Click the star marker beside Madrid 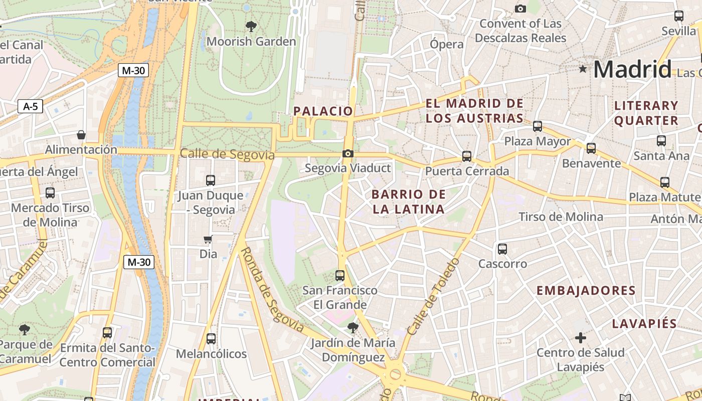pyautogui.click(x=583, y=69)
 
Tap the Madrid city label pyautogui.click(x=632, y=69)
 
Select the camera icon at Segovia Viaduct pyautogui.click(x=347, y=153)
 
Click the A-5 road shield pyautogui.click(x=30, y=106)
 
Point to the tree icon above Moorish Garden pyautogui.click(x=251, y=27)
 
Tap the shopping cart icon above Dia pyautogui.click(x=208, y=239)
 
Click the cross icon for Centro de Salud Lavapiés pyautogui.click(x=581, y=338)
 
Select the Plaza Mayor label pyautogui.click(x=537, y=141)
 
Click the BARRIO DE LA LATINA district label pyautogui.click(x=409, y=202)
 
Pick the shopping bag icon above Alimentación pyautogui.click(x=81, y=135)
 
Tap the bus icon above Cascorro pyautogui.click(x=502, y=249)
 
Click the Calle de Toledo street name pyautogui.click(x=433, y=297)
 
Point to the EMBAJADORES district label pyautogui.click(x=586, y=290)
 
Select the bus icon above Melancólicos pyautogui.click(x=211, y=339)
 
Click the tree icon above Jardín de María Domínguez pyautogui.click(x=353, y=328)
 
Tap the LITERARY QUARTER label pyautogui.click(x=646, y=113)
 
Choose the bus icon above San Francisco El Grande pyautogui.click(x=340, y=275)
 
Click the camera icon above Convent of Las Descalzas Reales pyautogui.click(x=520, y=9)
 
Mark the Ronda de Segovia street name pyautogui.click(x=272, y=290)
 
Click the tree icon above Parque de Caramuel pyautogui.click(x=24, y=329)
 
